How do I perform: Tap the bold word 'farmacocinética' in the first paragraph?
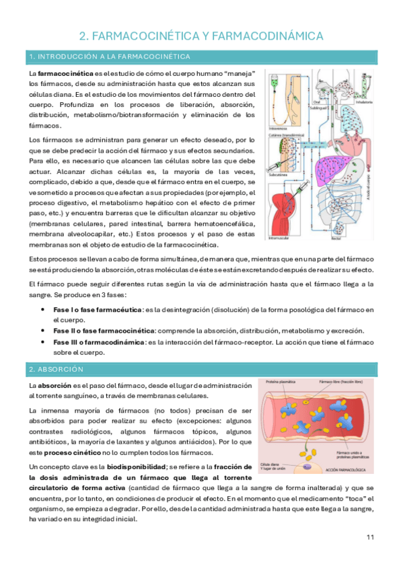65,73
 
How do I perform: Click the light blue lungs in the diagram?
346,128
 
